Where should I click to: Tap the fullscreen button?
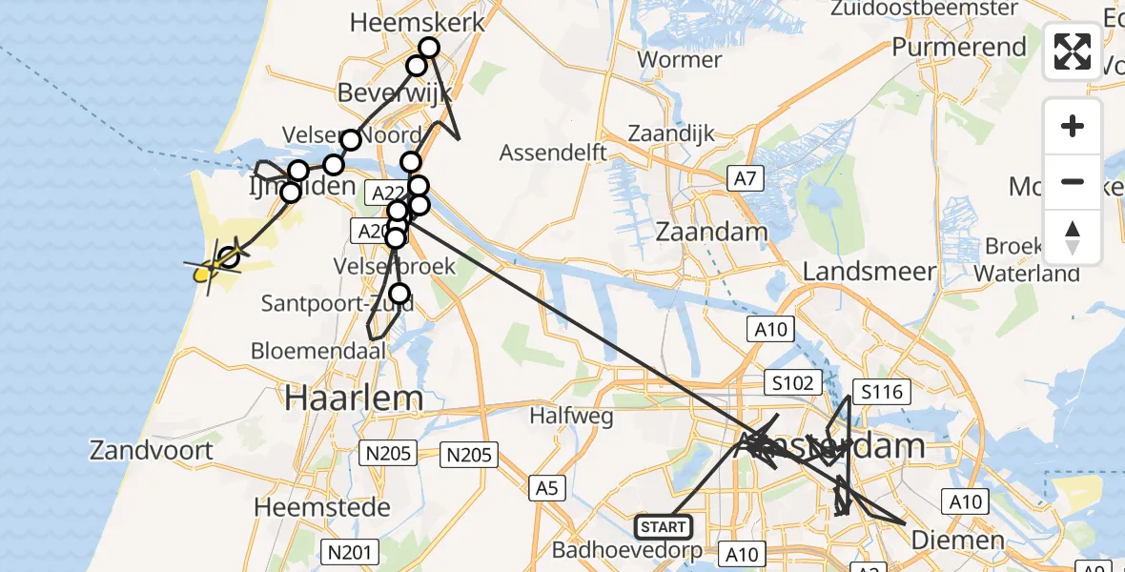tap(1073, 51)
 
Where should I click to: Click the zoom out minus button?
tap(1073, 181)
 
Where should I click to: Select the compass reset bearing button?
tap(1073, 236)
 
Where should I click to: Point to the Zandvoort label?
tap(152, 449)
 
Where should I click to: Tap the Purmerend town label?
tap(959, 47)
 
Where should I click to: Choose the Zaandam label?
tap(712, 232)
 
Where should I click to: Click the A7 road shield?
tap(745, 176)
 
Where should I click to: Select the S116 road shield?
tap(882, 391)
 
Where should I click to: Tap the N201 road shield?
tap(350, 551)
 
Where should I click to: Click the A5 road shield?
tap(546, 489)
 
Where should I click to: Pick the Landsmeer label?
tap(869, 272)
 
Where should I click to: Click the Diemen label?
tap(957, 541)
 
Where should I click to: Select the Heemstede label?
tap(321, 506)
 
